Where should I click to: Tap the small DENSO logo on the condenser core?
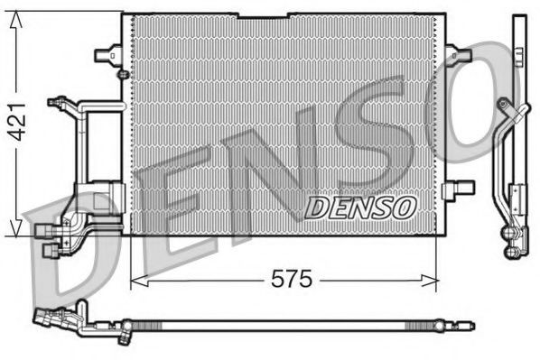click(x=359, y=207)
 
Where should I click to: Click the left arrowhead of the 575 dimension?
click(x=136, y=280)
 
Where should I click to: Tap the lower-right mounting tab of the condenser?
click(x=463, y=188)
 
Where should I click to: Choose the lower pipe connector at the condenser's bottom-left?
click(x=49, y=233)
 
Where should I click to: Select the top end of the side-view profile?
click(x=517, y=20)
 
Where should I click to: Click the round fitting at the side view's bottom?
click(x=511, y=238)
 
